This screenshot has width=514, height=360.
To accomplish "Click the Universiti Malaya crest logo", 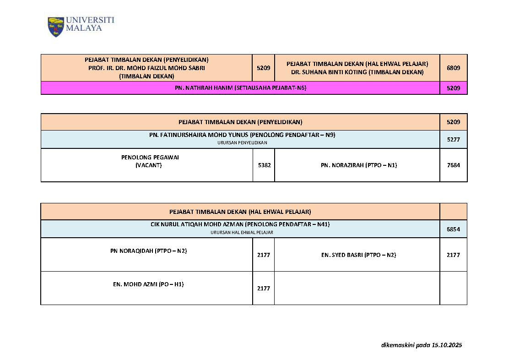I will click(x=56, y=27).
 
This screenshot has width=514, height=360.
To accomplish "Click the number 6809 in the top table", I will click(x=453, y=68).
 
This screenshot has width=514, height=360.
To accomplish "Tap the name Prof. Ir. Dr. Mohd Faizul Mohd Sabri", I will click(x=146, y=68).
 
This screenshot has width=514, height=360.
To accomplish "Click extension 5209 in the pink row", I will click(x=453, y=88).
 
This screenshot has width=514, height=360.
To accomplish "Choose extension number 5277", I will click(x=453, y=139).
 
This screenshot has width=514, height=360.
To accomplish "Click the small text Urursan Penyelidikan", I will click(x=242, y=143).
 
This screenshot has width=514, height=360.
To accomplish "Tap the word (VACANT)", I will click(x=149, y=165).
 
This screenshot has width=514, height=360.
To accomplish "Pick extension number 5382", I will click(x=264, y=165).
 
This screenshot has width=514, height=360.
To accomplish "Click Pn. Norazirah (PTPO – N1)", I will click(x=358, y=165).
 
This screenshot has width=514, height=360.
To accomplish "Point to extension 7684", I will click(x=453, y=165).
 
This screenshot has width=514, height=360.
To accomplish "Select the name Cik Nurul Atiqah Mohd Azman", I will click(x=197, y=224).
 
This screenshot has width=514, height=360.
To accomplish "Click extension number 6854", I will click(x=453, y=229).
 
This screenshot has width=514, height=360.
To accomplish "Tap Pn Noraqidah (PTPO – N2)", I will click(x=149, y=251).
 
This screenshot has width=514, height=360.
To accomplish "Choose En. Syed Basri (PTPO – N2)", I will click(x=358, y=255).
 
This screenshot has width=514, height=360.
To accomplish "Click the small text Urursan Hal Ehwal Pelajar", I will click(x=242, y=233).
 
